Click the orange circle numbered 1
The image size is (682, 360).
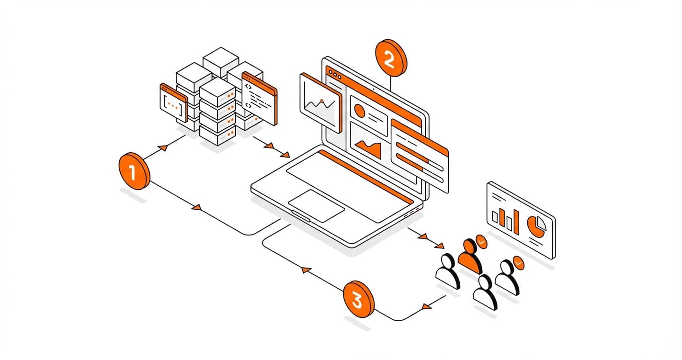(134, 171)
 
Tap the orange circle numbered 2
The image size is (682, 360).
(390, 58)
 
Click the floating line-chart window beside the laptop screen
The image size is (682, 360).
(319, 101)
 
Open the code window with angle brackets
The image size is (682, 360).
(259, 98)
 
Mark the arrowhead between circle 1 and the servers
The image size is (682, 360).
(162, 147)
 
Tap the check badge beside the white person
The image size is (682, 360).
(518, 262)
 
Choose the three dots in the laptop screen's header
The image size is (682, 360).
(333, 75)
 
